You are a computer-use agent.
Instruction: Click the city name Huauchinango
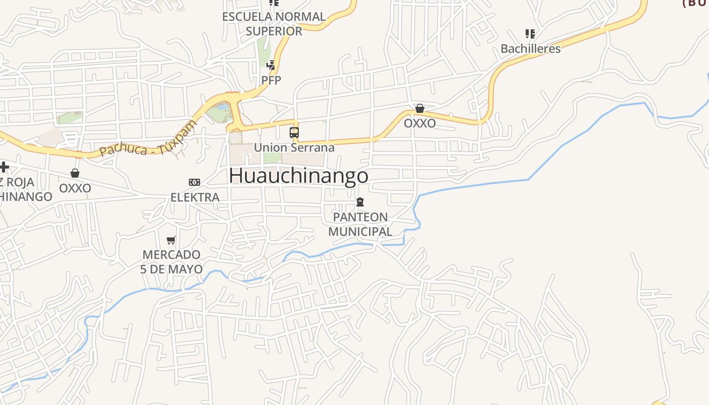298,176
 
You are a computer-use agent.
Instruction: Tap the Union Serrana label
294,148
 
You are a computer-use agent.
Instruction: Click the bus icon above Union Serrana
294,133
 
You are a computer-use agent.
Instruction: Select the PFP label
271,80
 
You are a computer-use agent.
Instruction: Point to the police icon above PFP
271,65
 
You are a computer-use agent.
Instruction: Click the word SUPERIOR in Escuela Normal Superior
274,31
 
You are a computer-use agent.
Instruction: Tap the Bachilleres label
530,49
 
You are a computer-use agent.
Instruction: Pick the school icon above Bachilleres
530,34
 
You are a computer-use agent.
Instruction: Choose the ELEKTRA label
195,197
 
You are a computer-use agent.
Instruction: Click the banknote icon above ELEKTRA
194,182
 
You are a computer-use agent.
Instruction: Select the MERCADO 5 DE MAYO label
172,262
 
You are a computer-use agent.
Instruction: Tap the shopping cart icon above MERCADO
171,240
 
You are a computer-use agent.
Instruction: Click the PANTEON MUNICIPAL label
360,224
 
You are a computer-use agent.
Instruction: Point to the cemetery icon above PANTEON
360,202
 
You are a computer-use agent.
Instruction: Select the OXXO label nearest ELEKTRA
75,188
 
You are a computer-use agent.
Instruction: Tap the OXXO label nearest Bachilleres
419,123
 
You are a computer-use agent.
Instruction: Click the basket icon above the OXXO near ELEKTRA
75,174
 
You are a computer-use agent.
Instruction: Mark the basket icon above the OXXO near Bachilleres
419,108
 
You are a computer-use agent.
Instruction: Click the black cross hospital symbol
4,167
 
